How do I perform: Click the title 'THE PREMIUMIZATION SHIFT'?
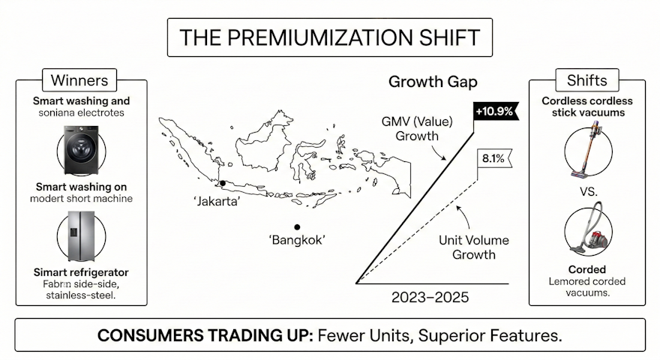(x=330, y=37)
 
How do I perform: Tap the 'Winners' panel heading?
(x=79, y=79)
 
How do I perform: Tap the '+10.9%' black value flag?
(x=493, y=111)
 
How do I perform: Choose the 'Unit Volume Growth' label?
(x=473, y=247)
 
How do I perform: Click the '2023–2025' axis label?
(x=430, y=298)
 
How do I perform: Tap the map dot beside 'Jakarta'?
(x=222, y=183)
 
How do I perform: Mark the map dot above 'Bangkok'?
(x=298, y=226)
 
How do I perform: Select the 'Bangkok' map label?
(x=297, y=241)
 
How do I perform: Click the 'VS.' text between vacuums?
(x=588, y=191)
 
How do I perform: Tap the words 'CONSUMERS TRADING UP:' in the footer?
(x=205, y=335)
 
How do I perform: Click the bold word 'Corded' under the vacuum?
(x=587, y=269)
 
